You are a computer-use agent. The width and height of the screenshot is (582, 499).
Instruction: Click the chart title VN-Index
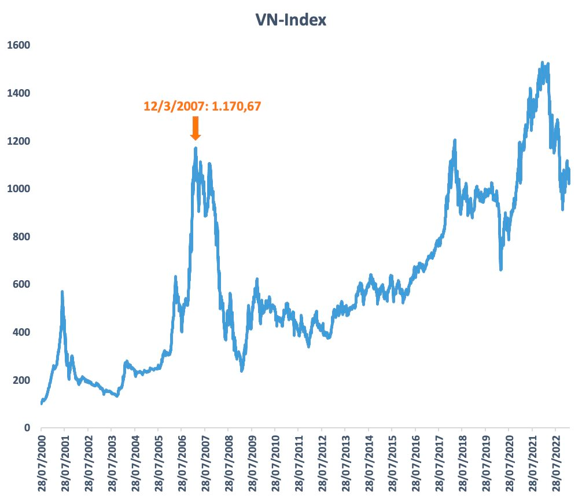point(292,20)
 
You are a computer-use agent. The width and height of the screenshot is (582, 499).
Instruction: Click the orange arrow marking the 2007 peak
point(196,128)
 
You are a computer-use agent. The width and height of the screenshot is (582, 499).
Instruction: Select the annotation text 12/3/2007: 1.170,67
point(206,106)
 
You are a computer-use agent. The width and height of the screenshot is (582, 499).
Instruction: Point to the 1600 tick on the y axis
point(18,45)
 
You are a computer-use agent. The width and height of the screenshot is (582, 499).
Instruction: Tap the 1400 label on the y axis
point(18,93)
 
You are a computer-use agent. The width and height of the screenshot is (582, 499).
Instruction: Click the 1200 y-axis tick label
point(18,141)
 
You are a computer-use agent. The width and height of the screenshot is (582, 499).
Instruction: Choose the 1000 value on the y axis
point(18,189)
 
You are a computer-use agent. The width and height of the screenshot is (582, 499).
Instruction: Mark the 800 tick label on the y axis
point(20,237)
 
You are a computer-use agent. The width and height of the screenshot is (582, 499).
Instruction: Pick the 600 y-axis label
point(20,284)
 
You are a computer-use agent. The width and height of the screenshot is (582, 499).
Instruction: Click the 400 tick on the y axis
point(20,332)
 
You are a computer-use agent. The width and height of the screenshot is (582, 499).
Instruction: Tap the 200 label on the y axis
point(20,380)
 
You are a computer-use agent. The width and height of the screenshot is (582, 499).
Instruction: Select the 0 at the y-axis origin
point(25,428)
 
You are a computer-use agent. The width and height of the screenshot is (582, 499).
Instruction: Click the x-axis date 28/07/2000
point(42,464)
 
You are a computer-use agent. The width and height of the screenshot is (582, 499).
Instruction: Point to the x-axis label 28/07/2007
point(205,464)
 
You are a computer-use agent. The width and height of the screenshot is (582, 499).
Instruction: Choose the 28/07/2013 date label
point(345,464)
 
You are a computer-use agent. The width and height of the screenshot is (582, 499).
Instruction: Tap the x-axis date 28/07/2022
point(555,464)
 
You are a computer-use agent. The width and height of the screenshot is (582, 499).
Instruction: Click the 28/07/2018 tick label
point(462,464)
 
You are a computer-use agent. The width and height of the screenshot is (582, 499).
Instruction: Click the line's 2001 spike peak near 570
point(62,292)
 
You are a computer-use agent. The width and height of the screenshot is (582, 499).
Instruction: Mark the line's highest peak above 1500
point(542,62)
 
